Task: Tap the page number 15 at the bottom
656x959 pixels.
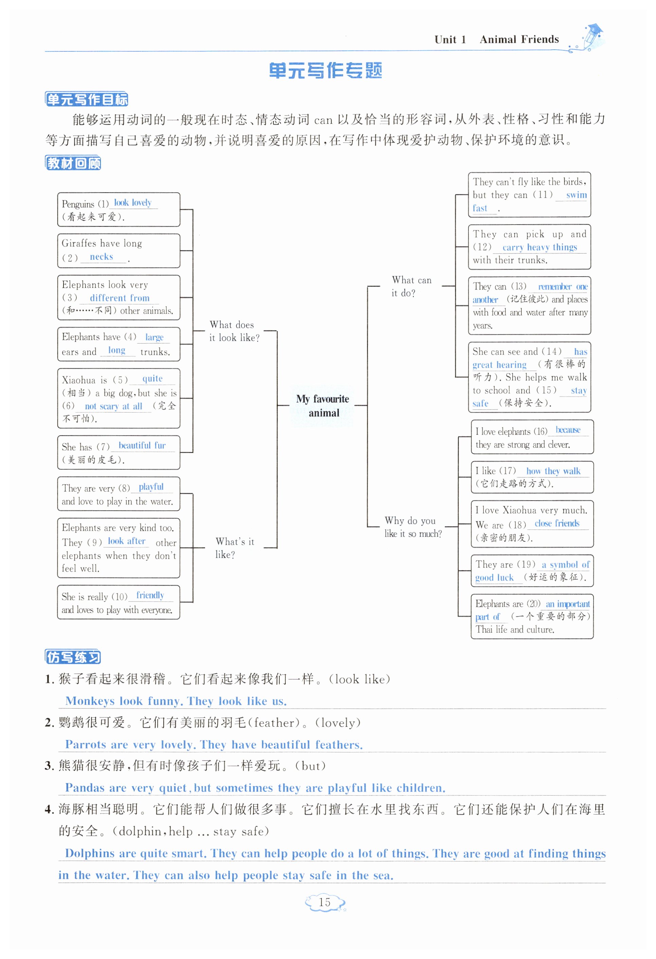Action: pos(325,903)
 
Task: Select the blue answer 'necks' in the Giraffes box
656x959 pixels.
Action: pos(101,257)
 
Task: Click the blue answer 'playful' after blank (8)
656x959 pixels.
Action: pos(151,487)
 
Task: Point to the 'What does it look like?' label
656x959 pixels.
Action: pos(234,331)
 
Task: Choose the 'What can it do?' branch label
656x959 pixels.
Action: pos(411,286)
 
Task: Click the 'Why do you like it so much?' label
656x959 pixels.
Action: pos(412,527)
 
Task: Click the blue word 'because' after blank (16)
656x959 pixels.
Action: pos(568,430)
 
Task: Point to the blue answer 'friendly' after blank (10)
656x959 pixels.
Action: pos(150,595)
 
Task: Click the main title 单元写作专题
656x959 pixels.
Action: pos(325,71)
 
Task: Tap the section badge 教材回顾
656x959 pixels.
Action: pos(73,163)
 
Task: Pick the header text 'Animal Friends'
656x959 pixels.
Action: pos(519,40)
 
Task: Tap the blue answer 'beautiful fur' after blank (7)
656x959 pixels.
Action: pos(142,446)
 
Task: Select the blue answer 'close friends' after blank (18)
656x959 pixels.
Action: pos(557,524)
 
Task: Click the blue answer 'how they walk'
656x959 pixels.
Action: pos(553,471)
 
